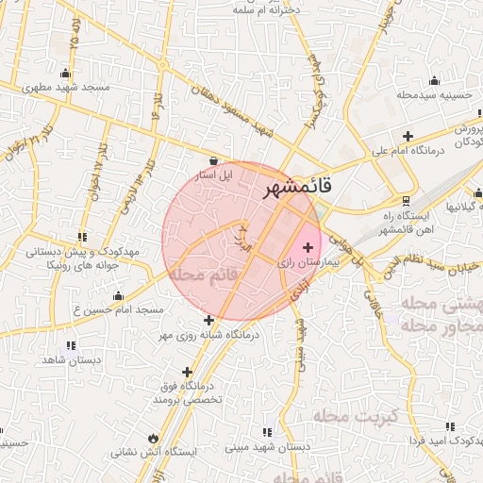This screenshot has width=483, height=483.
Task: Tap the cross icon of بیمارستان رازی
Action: (308, 247)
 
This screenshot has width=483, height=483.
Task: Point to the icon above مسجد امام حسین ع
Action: (119, 295)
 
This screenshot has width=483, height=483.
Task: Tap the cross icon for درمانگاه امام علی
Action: (408, 135)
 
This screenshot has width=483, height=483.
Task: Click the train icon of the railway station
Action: (406, 200)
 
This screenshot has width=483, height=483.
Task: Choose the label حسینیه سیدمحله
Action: (433, 94)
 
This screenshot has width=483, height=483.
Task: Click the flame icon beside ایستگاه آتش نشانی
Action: (153, 438)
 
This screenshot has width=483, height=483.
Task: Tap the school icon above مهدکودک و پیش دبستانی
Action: (83, 237)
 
